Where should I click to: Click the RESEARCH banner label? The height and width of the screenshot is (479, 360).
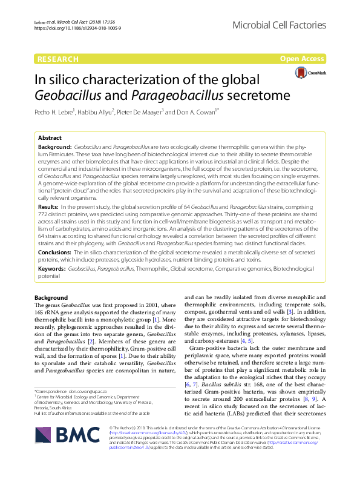(x=58, y=59)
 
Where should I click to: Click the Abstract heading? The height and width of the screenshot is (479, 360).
(x=50, y=139)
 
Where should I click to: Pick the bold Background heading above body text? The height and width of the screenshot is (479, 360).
(x=51, y=298)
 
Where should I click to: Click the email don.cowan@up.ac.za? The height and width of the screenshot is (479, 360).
(x=87, y=391)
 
